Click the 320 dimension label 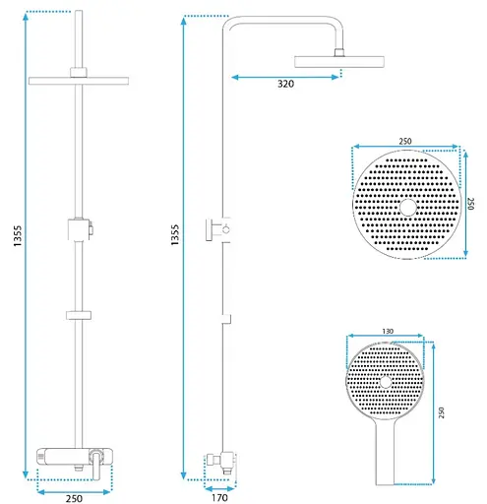click(x=285, y=84)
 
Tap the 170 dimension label click(x=219, y=498)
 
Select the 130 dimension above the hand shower click(x=388, y=331)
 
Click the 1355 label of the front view click(x=18, y=236)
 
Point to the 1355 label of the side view click(x=175, y=234)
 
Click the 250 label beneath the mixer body click(x=74, y=498)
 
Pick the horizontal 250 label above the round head click(x=405, y=142)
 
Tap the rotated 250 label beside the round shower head click(x=470, y=204)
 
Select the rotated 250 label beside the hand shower click(x=442, y=412)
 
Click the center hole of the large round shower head click(x=408, y=208)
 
